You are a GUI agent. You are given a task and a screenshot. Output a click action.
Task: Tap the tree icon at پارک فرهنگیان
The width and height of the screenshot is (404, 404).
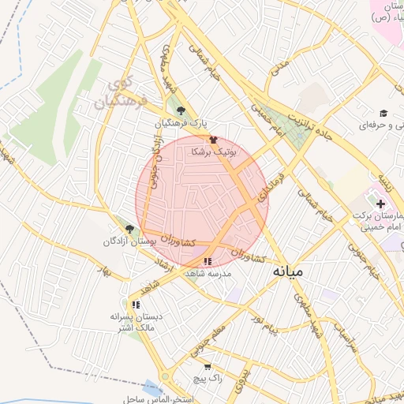pyautogui.click(x=181, y=110)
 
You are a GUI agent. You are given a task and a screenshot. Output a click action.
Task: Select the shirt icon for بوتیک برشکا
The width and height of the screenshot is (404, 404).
pyautogui.click(x=213, y=140)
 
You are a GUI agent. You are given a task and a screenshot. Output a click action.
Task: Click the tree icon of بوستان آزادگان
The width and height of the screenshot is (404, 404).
pyautogui.click(x=129, y=229)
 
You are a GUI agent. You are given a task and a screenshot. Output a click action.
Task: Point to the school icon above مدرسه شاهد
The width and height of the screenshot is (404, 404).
pyautogui.click(x=208, y=261)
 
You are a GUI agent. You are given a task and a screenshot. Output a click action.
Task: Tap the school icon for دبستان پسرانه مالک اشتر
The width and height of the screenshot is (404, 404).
pyautogui.click(x=136, y=304)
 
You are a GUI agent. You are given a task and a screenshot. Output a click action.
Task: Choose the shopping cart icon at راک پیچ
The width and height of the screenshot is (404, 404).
pyautogui.click(x=208, y=367)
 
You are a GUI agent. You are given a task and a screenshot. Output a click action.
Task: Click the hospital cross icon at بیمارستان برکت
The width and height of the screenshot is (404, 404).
pyautogui.click(x=380, y=204)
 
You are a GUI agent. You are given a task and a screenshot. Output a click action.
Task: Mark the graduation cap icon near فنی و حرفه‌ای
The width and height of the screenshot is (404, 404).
pyautogui.click(x=383, y=114)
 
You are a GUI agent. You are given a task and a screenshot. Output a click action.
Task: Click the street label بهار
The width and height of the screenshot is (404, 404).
pyautogui.click(x=118, y=273)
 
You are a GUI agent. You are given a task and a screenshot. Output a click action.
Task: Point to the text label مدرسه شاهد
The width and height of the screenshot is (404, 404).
pyautogui.click(x=208, y=274)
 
